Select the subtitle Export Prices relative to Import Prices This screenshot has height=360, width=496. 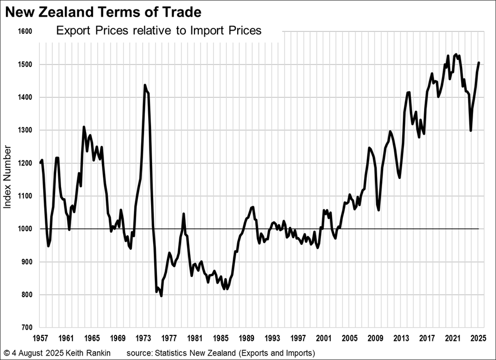[x=159, y=31]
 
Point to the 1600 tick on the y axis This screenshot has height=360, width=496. [x=26, y=32]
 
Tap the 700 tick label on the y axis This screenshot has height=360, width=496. [x=27, y=327]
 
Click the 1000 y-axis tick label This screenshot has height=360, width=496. [x=26, y=229]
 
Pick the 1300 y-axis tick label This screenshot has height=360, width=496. [x=26, y=130]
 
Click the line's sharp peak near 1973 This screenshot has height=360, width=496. [x=144, y=85]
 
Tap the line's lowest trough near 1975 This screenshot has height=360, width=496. [x=161, y=296]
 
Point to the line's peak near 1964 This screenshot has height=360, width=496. [x=84, y=127]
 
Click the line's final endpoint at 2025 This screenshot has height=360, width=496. [x=479, y=63]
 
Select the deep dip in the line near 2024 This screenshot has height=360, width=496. [x=470, y=130]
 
